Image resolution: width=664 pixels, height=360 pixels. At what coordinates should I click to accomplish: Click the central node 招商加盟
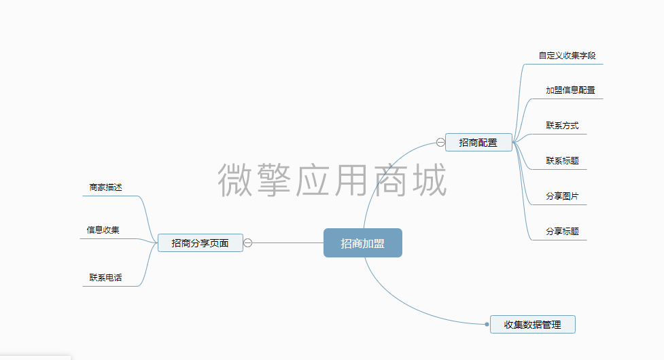[x=362, y=243]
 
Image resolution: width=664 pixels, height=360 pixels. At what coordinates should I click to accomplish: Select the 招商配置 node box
[x=478, y=143]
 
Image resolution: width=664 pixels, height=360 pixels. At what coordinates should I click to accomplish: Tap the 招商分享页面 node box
[x=200, y=242]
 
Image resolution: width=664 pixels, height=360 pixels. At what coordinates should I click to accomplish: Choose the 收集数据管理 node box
[x=532, y=325]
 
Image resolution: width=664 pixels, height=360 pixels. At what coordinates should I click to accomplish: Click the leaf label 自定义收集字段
[x=567, y=56]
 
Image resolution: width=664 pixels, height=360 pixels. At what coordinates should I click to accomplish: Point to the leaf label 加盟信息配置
[x=570, y=90]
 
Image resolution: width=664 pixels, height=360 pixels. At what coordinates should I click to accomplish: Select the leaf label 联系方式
[x=562, y=126]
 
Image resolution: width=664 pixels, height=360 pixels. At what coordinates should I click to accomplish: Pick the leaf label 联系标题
[x=562, y=161]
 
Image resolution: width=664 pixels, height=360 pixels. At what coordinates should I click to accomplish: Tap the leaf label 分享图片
[x=562, y=196]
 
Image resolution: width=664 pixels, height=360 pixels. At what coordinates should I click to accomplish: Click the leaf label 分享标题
[x=562, y=232]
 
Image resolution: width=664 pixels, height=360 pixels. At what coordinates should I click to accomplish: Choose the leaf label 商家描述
[x=105, y=187]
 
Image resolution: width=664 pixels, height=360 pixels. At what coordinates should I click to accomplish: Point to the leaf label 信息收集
[x=103, y=230]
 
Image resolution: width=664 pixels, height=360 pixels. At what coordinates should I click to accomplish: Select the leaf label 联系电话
[x=105, y=278]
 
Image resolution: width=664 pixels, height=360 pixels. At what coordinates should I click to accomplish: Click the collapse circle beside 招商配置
[x=440, y=143]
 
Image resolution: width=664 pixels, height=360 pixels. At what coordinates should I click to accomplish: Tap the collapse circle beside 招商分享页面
[x=248, y=242]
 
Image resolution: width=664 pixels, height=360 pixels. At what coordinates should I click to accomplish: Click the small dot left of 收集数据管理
[x=487, y=325]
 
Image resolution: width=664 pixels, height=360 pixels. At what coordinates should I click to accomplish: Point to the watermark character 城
[x=430, y=180]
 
